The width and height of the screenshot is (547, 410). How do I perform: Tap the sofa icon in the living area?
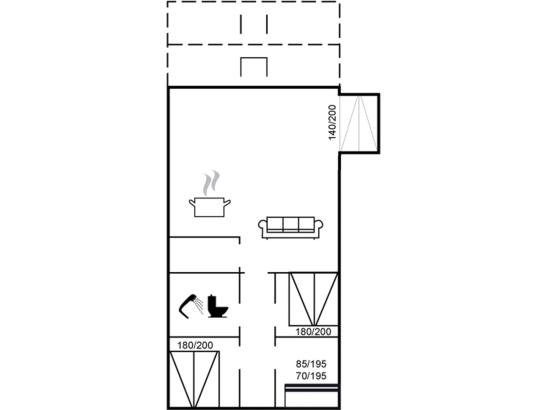pos(291,228)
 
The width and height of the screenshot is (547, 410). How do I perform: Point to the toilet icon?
pos(218,306)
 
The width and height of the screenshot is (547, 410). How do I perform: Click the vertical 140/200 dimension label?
pos(332,122)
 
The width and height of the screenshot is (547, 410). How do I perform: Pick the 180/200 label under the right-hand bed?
pos(313,332)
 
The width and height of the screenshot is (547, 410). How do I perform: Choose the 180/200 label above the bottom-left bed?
pos(195,345)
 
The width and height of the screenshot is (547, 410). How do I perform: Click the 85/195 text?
pos(311,364)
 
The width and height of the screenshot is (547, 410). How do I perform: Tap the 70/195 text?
pos(311,376)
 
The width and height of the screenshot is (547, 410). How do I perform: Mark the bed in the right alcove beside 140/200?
pos(359,123)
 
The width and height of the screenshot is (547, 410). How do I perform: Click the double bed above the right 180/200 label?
pos(314,299)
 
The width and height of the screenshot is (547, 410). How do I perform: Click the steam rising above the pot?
pos(211,183)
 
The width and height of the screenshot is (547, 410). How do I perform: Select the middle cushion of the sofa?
pos(291,224)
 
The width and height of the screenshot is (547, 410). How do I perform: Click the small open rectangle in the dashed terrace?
pos(254,67)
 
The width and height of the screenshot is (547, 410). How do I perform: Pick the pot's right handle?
pos(227,203)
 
